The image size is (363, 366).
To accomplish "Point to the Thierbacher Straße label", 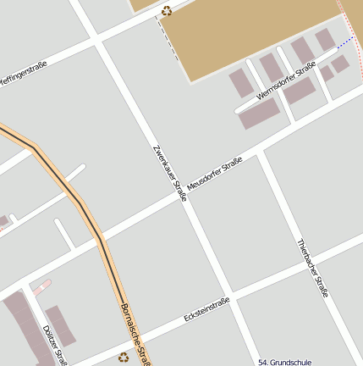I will pyautogui.click(x=312, y=267).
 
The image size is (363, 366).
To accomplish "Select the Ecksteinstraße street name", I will pyautogui.click(x=207, y=310).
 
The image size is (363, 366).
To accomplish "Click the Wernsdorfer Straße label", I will pyautogui.click(x=285, y=81).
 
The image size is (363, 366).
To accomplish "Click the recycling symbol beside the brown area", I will pyautogui.click(x=167, y=10).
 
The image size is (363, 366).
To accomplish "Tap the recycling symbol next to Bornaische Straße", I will pyautogui.click(x=124, y=358).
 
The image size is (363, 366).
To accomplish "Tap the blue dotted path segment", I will pyautogui.click(x=345, y=42).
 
